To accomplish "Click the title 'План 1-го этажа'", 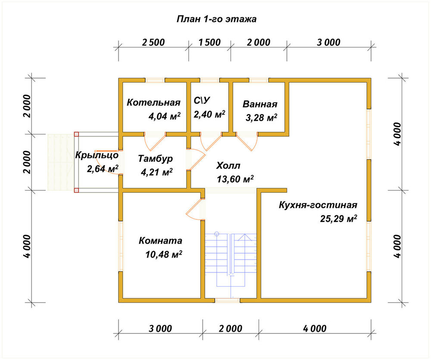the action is coord(216,19).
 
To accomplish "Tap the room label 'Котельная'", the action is coord(153,103).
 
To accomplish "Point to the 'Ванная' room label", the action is coord(260,104).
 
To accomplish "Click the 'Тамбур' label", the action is coord(155,159).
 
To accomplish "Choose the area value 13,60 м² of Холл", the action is coord(235,179).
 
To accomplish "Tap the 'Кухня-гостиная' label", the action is coord(318,205).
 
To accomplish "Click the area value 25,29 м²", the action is coord(339,219).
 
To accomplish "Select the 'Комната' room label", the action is coord(160,241).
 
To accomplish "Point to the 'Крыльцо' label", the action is coord(97,155).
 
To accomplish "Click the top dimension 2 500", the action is coord(153,42).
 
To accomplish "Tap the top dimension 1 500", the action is coord(209,42).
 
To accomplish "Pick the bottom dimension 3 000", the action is coord(160,329).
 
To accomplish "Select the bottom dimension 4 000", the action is coord(315,329).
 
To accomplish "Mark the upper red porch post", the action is coord(76,134).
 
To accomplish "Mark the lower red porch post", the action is coord(76,190).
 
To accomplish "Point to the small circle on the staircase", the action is coord(217,234).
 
